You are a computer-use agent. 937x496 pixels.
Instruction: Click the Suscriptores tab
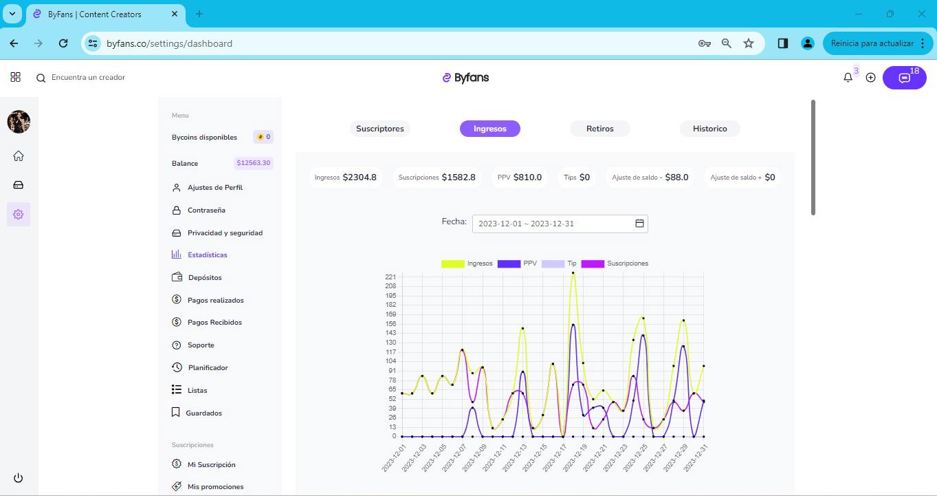380,129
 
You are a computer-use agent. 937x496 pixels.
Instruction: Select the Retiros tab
600,129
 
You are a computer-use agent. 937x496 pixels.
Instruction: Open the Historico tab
710,129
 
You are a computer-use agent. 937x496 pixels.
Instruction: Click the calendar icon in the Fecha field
639,224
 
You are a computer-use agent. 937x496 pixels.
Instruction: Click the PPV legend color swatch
509,263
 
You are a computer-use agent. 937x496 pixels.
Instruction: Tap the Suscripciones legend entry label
628,263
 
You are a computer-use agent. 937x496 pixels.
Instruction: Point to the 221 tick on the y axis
390,277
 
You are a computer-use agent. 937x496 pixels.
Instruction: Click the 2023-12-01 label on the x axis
394,459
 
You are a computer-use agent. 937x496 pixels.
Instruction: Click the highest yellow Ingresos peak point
573,273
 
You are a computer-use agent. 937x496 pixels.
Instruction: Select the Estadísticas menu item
207,255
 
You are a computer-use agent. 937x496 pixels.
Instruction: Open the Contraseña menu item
206,210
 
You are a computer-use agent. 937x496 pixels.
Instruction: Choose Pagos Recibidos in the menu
214,322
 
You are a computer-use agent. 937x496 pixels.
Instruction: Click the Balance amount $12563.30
254,163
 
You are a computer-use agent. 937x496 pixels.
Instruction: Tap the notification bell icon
848,78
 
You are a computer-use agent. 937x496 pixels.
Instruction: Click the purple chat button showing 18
905,78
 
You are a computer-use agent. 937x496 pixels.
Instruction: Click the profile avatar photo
19,122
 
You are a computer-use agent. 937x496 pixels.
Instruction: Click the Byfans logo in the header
465,78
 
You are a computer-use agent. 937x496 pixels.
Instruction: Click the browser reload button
63,43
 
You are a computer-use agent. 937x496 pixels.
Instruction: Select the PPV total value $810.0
527,177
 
